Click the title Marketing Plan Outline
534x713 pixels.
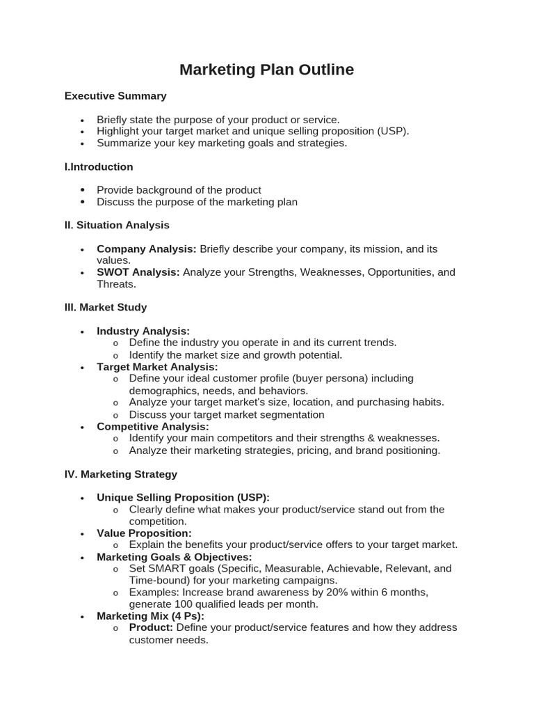tap(266, 70)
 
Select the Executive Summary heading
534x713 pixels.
tap(115, 96)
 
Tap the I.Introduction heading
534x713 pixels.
tap(99, 167)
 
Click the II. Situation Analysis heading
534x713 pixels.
tap(117, 226)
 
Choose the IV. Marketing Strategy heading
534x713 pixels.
tap(121, 474)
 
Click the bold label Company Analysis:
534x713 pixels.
tap(146, 249)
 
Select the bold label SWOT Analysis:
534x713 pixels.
tap(138, 272)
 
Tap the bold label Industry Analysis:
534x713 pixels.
tap(143, 331)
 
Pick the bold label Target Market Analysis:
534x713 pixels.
tap(157, 367)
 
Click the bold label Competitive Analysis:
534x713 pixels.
tap(152, 426)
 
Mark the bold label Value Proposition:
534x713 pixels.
tap(144, 533)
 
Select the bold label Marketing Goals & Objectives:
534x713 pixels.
tap(174, 557)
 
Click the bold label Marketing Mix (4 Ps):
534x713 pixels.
tap(150, 616)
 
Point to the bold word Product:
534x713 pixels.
tap(151, 627)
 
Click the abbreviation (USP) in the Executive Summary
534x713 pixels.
tap(392, 131)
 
